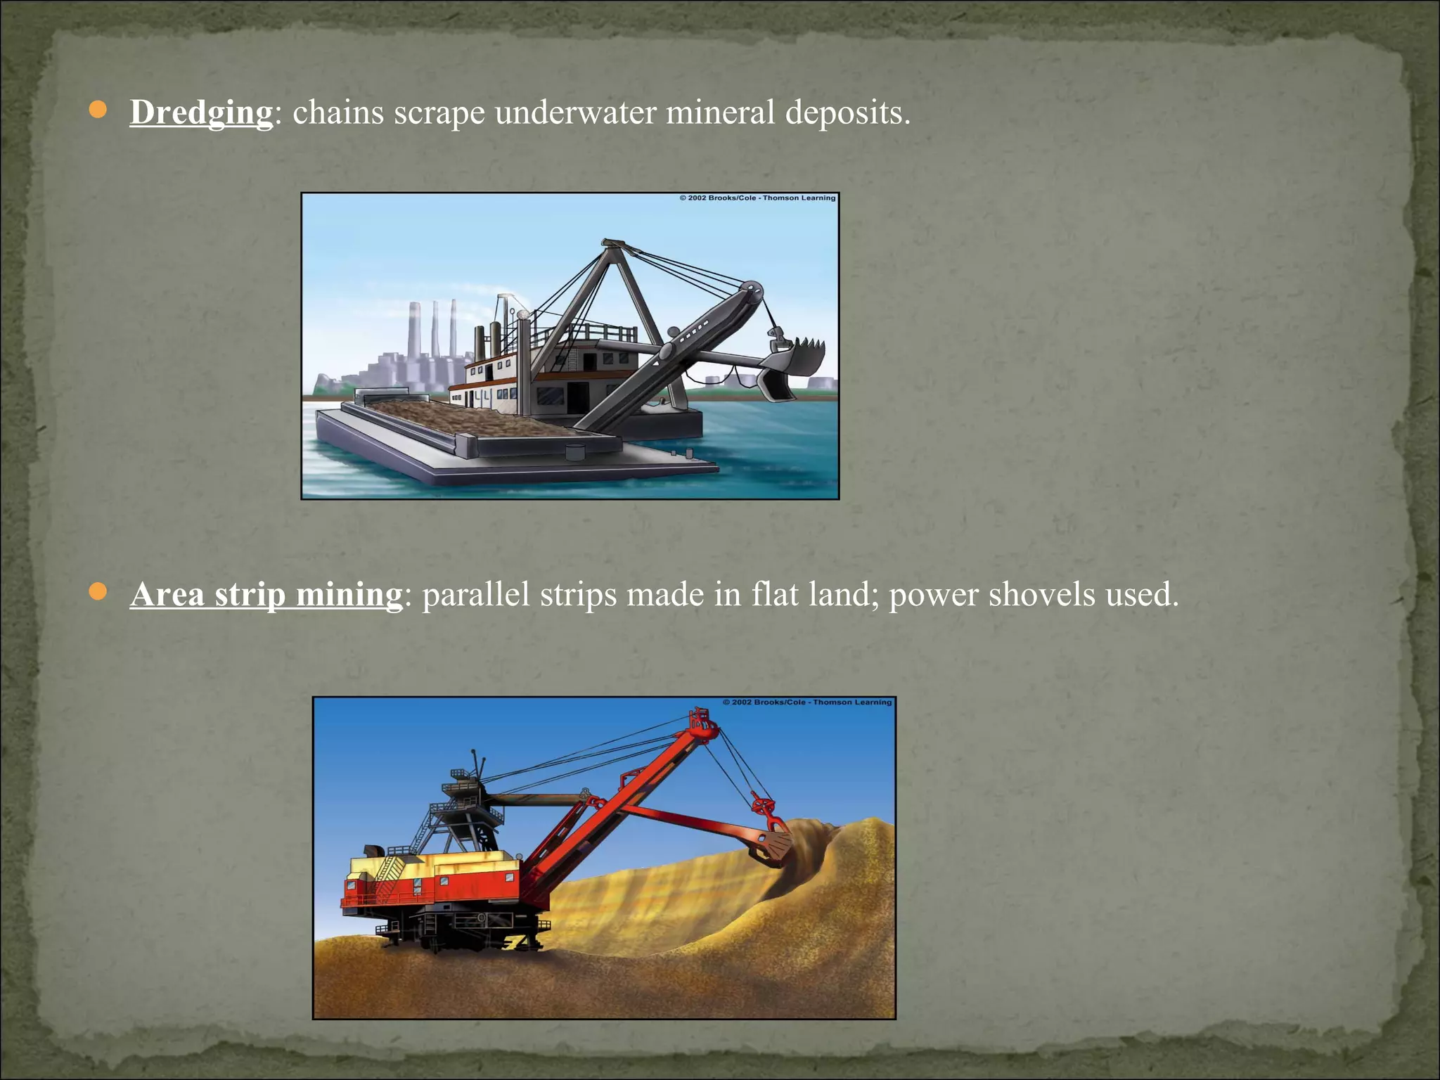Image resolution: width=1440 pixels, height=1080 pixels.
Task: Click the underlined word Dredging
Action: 201,112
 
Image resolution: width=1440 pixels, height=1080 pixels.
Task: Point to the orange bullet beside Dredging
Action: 98,110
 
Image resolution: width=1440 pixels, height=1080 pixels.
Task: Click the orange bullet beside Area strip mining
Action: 98,592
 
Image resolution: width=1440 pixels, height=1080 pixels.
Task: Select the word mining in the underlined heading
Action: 349,595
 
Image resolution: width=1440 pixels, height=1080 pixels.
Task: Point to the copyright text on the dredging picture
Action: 757,198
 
